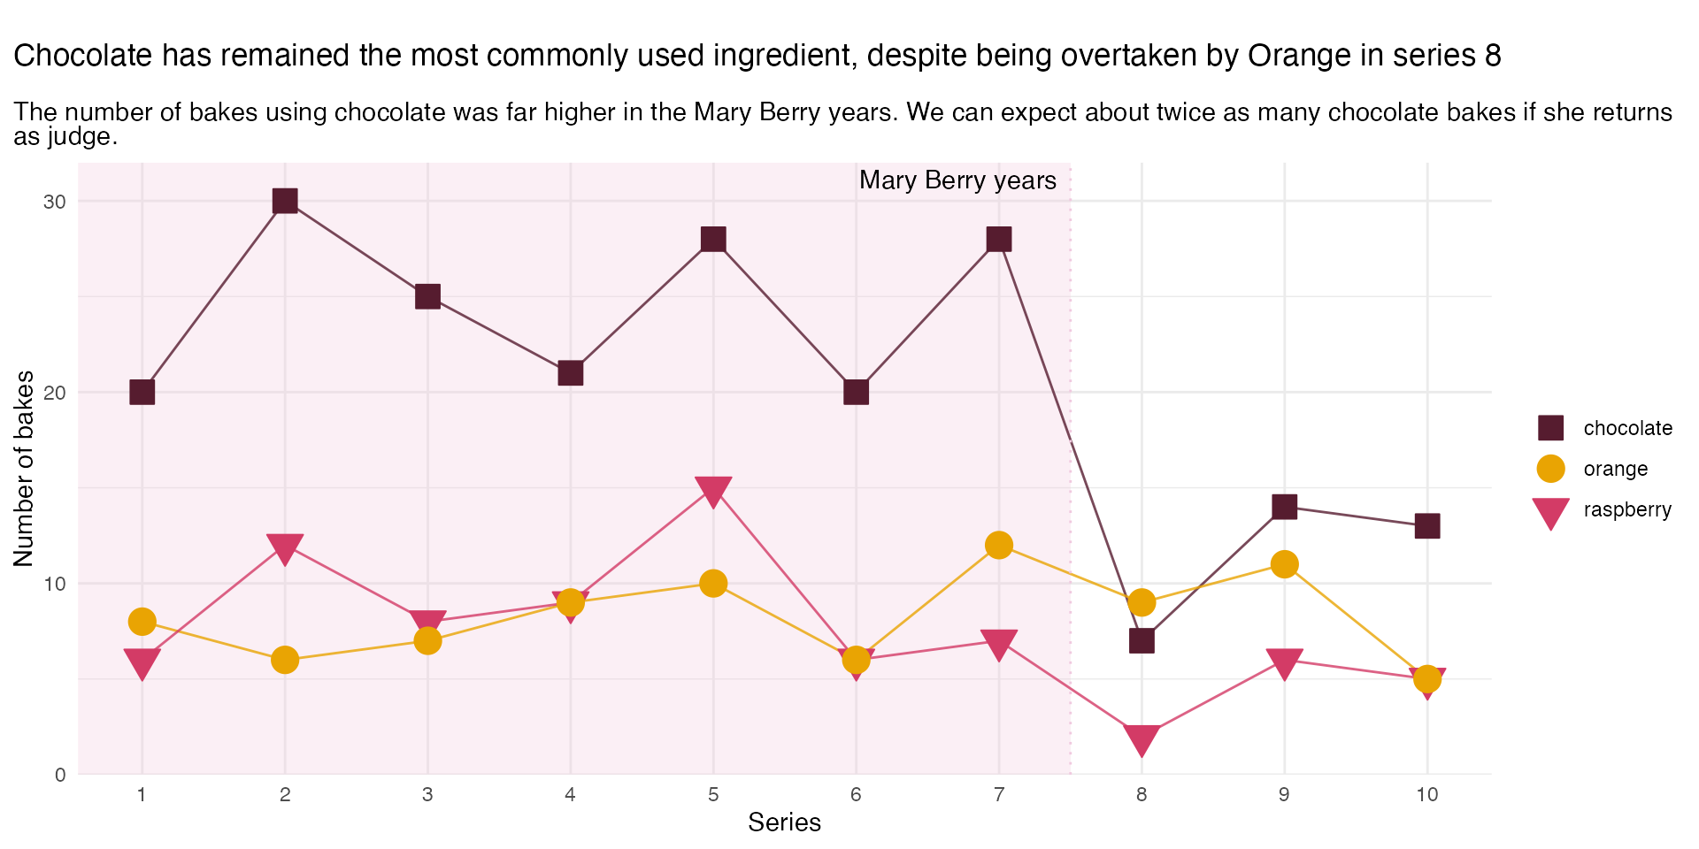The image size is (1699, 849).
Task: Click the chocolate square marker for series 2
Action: click(x=285, y=202)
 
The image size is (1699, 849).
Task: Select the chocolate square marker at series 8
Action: click(x=1142, y=640)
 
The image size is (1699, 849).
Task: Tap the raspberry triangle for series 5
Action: click(x=713, y=490)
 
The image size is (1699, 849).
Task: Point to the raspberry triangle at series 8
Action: click(x=1142, y=739)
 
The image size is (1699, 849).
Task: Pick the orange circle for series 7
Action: click(x=998, y=545)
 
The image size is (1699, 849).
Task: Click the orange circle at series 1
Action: click(x=142, y=622)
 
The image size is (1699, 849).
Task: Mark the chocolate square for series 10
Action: click(x=1426, y=526)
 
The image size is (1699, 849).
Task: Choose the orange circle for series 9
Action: click(x=1284, y=564)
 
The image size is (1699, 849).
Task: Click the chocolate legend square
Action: click(x=1550, y=428)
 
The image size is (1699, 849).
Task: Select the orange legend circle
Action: click(x=1550, y=469)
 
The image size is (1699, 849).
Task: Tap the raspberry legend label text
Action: click(x=1626, y=509)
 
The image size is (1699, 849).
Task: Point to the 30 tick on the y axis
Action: click(x=55, y=202)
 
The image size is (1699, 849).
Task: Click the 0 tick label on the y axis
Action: click(x=60, y=775)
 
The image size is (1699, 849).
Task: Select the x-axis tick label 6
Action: click(x=856, y=794)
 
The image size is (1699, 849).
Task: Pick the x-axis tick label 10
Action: click(x=1426, y=794)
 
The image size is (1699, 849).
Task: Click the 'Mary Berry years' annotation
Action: click(x=957, y=180)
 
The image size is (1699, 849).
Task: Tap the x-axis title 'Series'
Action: click(x=784, y=822)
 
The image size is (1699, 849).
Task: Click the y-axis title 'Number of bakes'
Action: click(x=24, y=468)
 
